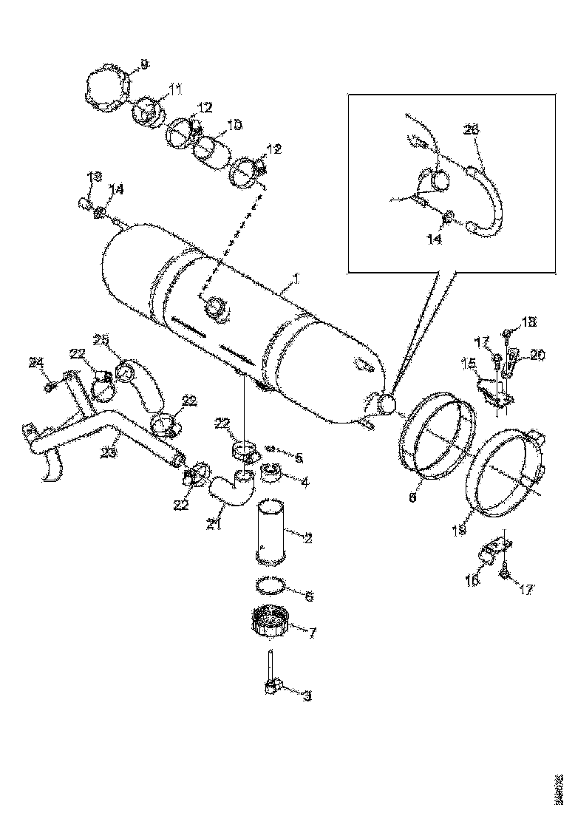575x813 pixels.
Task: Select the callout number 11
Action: click(174, 89)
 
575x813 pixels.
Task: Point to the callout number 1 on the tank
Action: click(295, 279)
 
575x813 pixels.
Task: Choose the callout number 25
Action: click(101, 340)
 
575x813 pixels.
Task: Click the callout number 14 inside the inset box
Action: click(434, 240)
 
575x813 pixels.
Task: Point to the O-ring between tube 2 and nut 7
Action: click(271, 585)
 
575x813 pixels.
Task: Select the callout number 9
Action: click(143, 65)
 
